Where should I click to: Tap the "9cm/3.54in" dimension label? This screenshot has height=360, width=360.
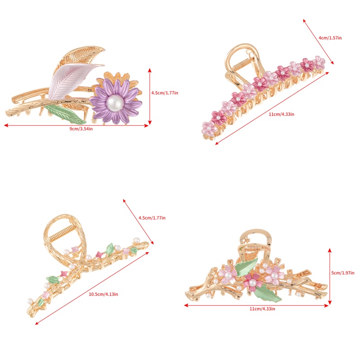point(81,129)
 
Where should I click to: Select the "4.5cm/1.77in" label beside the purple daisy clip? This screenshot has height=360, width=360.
point(165,93)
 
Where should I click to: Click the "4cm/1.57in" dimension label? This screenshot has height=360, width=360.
point(330,38)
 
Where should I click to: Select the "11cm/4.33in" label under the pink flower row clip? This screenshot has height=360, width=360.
point(281,114)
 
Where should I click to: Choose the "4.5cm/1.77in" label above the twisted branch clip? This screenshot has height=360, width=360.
point(152,218)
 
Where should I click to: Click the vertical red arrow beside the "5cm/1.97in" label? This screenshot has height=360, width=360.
point(330,274)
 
